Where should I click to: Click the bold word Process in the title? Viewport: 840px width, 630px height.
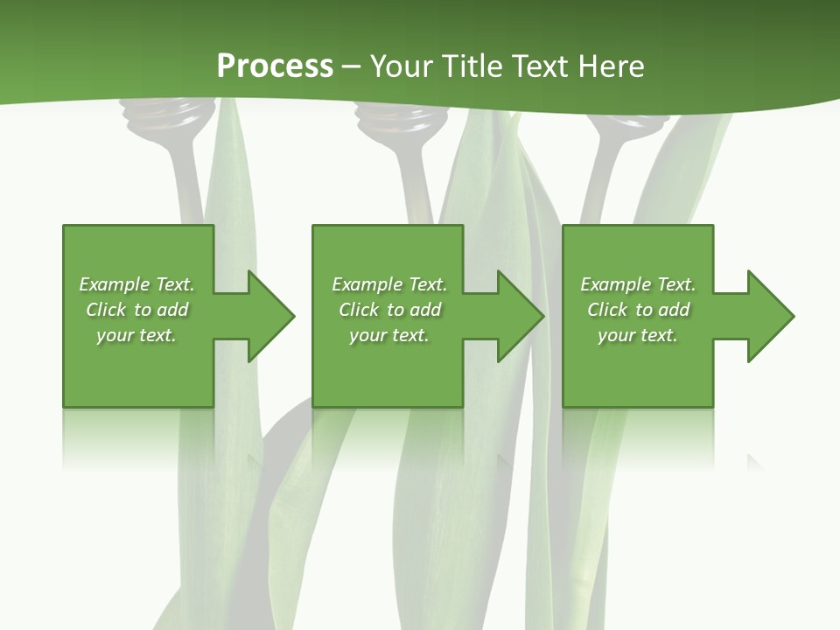pyautogui.click(x=275, y=66)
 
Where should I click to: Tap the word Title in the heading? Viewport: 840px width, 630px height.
pyautogui.click(x=472, y=66)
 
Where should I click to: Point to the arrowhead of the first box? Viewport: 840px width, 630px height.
pyautogui.click(x=272, y=316)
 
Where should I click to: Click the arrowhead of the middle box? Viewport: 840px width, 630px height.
pyautogui.click(x=521, y=316)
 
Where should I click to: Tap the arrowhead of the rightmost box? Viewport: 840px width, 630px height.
pyautogui.click(x=771, y=316)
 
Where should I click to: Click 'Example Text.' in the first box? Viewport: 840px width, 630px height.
pyautogui.click(x=136, y=284)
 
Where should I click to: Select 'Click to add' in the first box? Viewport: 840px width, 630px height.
pyautogui.click(x=136, y=310)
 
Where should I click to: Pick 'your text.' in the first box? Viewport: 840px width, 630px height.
pyautogui.click(x=136, y=335)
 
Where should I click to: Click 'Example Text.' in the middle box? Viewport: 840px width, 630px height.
pyautogui.click(x=389, y=284)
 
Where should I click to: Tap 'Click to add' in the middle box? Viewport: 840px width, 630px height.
pyautogui.click(x=389, y=310)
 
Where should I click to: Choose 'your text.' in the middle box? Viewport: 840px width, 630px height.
pyautogui.click(x=389, y=335)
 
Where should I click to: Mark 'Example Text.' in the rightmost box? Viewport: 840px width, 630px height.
pyautogui.click(x=638, y=284)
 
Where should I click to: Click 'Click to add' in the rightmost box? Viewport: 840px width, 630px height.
pyautogui.click(x=638, y=310)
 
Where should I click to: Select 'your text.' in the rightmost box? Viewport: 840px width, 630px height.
pyautogui.click(x=638, y=335)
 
